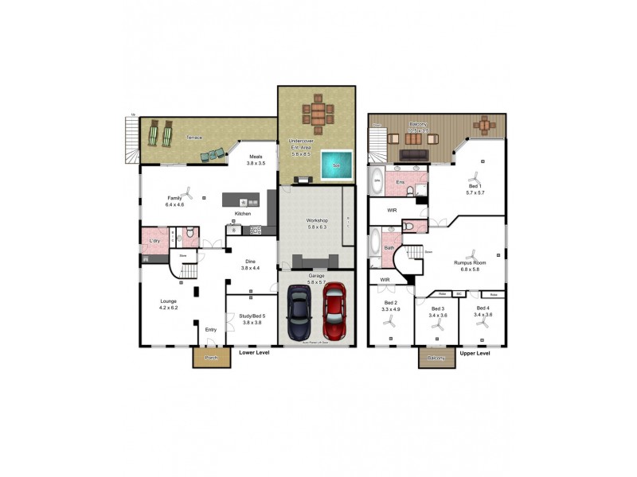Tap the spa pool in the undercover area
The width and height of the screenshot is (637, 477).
[335, 165]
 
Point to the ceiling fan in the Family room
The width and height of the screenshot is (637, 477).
[187, 192]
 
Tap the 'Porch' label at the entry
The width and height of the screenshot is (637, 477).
[211, 359]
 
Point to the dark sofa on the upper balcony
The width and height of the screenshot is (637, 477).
[413, 154]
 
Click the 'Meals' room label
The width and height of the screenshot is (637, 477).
[256, 157]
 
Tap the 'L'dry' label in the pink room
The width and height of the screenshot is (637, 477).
[154, 241]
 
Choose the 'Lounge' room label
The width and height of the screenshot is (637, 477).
[168, 301]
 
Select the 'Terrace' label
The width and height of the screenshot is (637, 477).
[194, 137]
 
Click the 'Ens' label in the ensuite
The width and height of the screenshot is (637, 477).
[400, 182]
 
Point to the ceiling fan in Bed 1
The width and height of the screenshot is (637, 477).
[475, 176]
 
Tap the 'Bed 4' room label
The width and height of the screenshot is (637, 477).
[483, 308]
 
